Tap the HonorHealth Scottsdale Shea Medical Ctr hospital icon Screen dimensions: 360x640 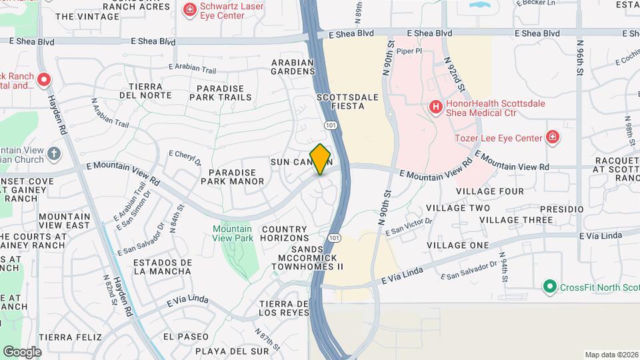point(436,106)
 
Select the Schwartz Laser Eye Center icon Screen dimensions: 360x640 point(189,9)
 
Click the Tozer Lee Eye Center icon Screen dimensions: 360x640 point(552,137)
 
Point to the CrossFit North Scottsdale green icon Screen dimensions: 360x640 point(550,287)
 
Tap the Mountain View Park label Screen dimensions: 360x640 point(233,233)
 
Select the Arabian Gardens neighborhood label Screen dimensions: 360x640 point(292,67)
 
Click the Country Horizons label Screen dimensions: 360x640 point(285,233)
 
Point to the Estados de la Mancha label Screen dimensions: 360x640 point(163,267)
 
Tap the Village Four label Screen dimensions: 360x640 point(490,191)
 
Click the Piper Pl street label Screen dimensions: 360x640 point(409,50)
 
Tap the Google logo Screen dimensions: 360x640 point(22,351)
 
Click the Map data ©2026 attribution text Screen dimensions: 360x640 point(611,355)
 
